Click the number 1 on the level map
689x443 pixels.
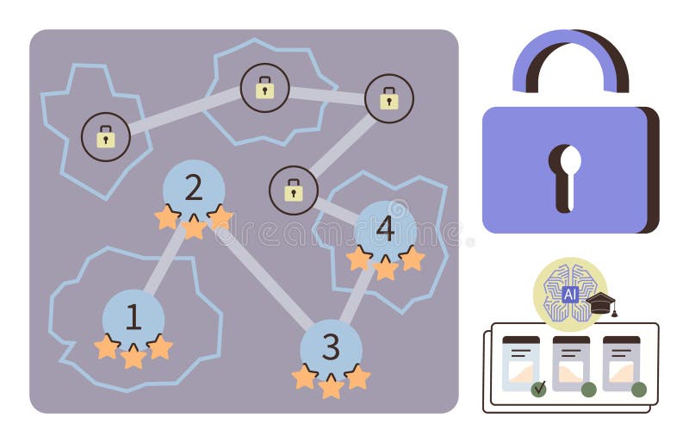click(x=133, y=317)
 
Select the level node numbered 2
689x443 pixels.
click(x=194, y=188)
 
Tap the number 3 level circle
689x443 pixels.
click(x=331, y=347)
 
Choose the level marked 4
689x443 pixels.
click(x=385, y=229)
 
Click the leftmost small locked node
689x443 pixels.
click(x=106, y=136)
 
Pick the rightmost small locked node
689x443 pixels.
click(x=389, y=98)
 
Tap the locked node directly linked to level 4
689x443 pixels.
click(x=294, y=190)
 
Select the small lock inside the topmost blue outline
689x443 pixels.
click(x=264, y=87)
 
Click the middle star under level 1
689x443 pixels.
click(x=133, y=356)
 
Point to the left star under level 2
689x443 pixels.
click(x=167, y=217)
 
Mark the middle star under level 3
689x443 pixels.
click(x=331, y=386)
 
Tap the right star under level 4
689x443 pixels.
click(x=412, y=259)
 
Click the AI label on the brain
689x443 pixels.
click(x=570, y=294)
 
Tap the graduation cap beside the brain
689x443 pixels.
click(x=601, y=303)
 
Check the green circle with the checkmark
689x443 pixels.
click(x=539, y=389)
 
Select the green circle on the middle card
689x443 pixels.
click(x=589, y=389)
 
